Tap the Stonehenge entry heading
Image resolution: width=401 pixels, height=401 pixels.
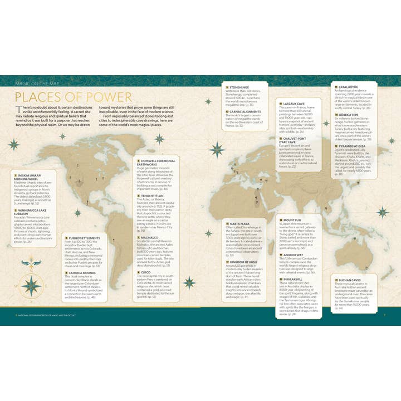coord(239,87)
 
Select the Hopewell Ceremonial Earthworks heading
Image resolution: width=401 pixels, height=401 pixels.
coord(158,162)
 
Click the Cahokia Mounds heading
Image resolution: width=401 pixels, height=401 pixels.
coord(84,273)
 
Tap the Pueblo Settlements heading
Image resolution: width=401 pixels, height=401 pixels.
coord(85,237)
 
